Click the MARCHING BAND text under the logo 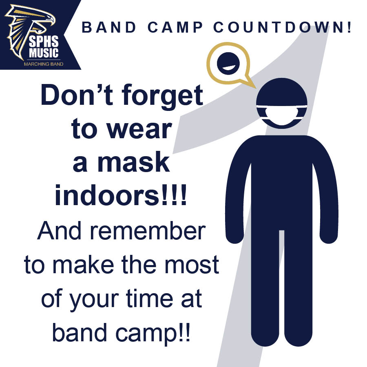[44, 64]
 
